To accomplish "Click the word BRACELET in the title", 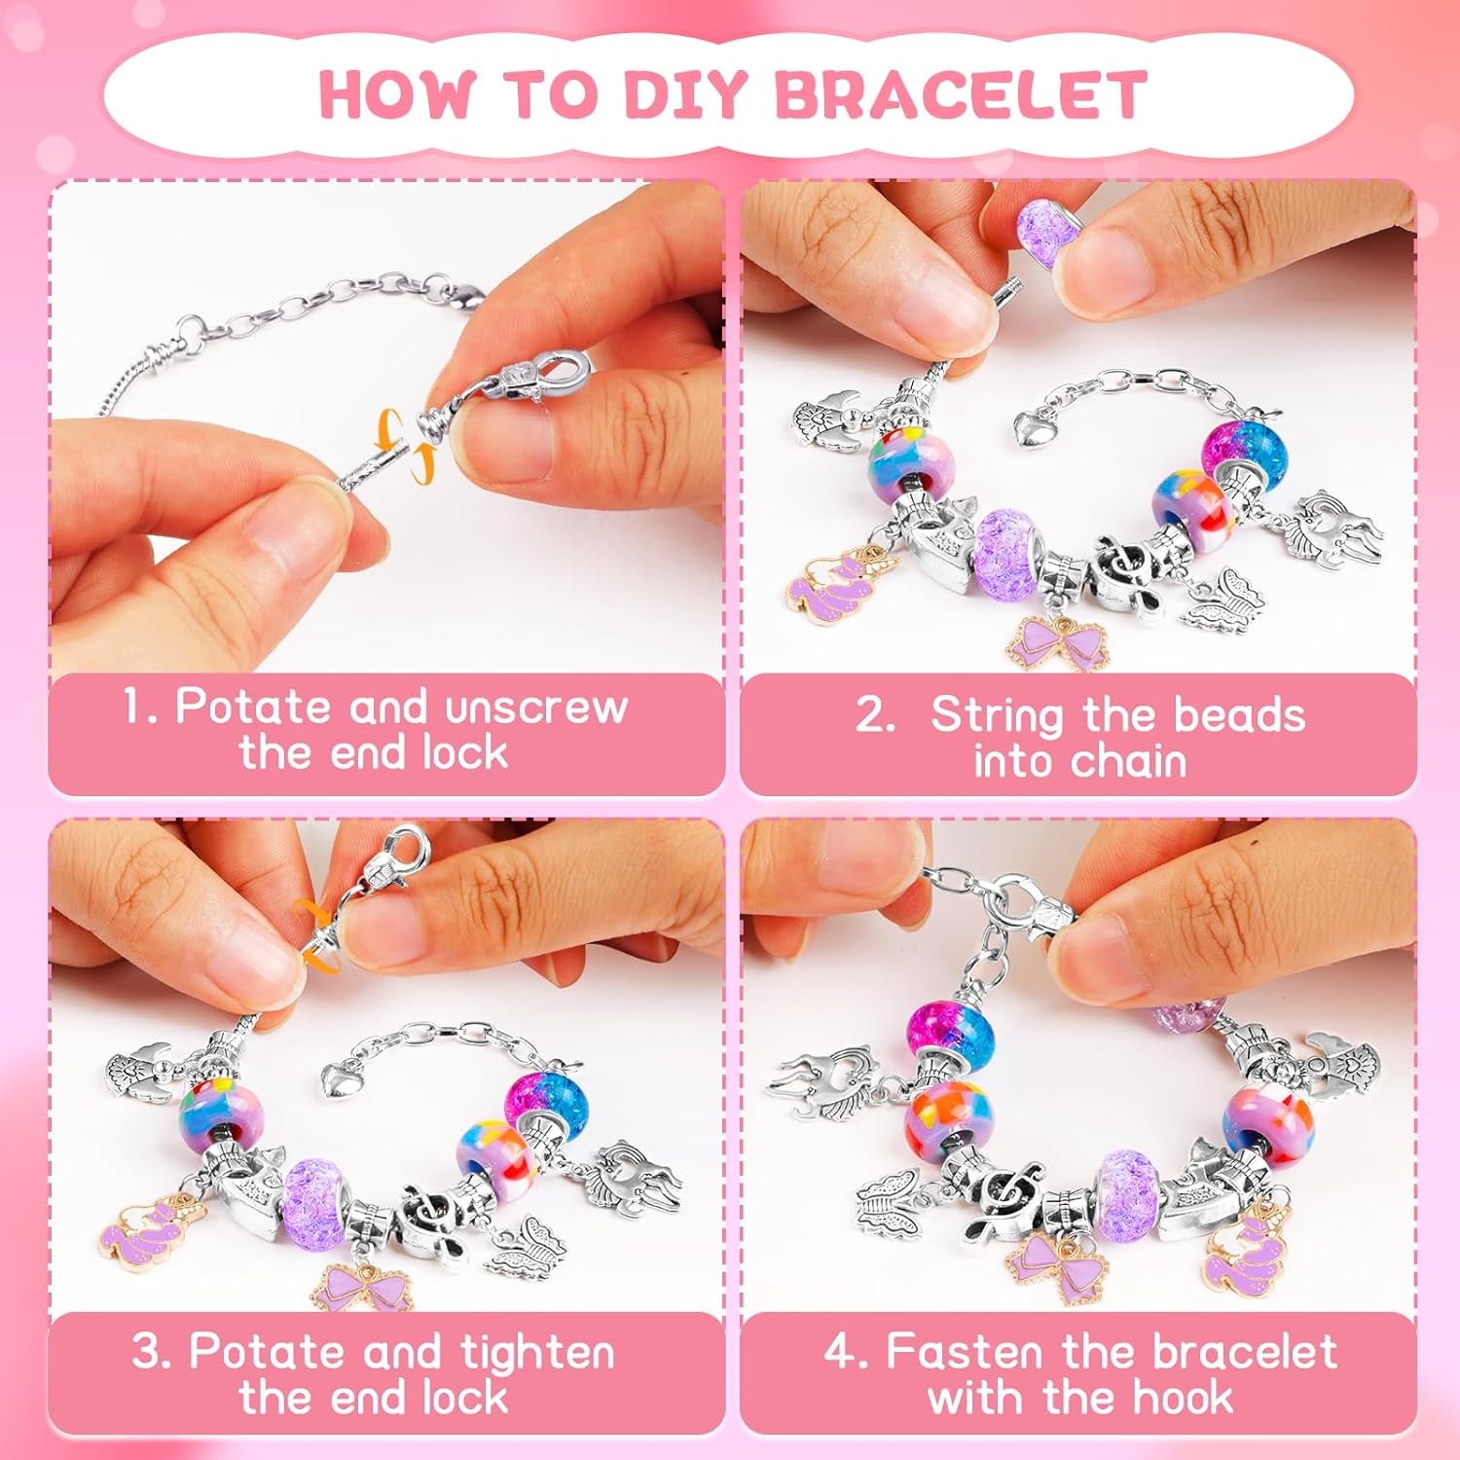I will coord(961,94).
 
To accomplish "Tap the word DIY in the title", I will coord(685,94).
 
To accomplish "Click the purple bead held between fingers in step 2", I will coord(1042,227).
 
